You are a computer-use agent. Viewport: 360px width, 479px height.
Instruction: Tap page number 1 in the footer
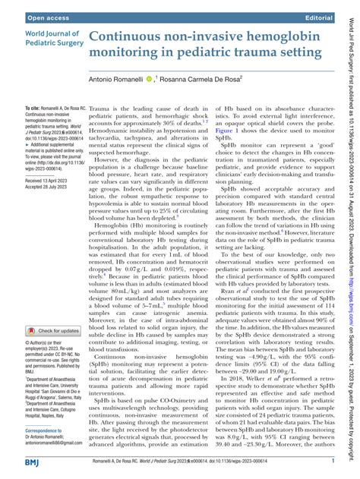(333, 460)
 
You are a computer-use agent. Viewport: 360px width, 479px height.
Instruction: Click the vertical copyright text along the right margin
(351, 239)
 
